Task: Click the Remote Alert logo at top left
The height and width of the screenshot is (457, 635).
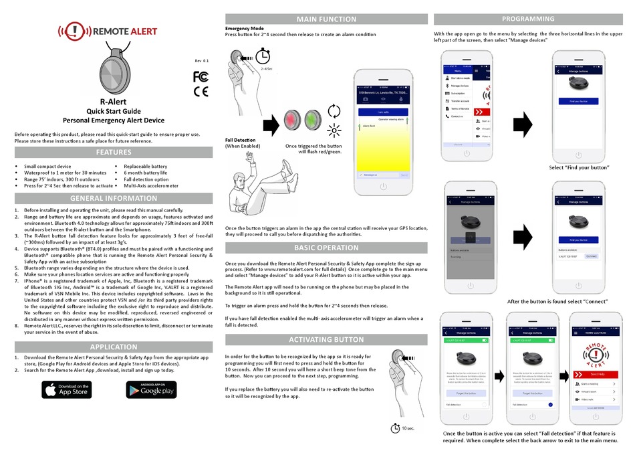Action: click(108, 30)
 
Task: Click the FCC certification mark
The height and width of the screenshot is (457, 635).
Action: click(201, 76)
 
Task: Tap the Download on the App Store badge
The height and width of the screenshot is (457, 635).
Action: click(66, 389)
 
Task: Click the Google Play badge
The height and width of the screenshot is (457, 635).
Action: click(150, 389)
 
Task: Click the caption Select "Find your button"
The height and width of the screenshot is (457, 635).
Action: click(580, 167)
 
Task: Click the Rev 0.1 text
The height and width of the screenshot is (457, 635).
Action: click(201, 61)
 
